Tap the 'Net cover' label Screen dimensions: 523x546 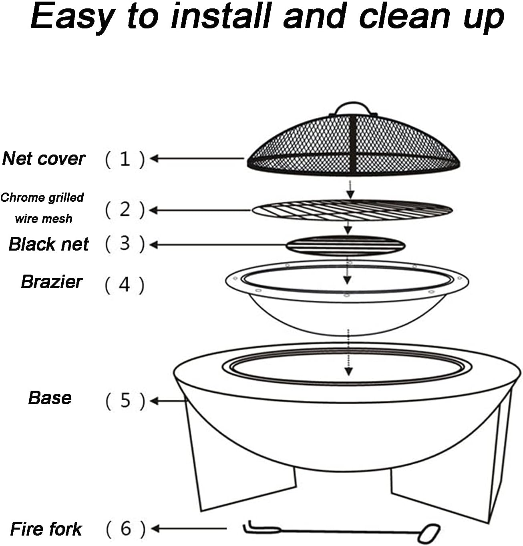click(44, 159)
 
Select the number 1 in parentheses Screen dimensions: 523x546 click(125, 159)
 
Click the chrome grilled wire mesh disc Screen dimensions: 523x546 click(352, 210)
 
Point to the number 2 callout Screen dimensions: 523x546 click(125, 210)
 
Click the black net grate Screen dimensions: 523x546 click(346, 245)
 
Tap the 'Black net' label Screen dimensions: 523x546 click(48, 244)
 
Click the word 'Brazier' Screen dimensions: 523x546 click(52, 282)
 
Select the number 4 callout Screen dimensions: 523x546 click(125, 285)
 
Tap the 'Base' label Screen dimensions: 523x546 click(50, 398)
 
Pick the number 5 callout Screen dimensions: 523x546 click(125, 401)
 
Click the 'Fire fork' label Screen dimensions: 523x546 click(46, 529)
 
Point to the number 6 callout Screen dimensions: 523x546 click(126, 529)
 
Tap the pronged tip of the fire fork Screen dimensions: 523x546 click(261, 528)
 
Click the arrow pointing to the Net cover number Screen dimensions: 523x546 click(197, 159)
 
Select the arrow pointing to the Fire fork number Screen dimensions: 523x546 click(189, 529)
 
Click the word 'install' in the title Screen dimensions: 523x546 click(221, 16)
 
